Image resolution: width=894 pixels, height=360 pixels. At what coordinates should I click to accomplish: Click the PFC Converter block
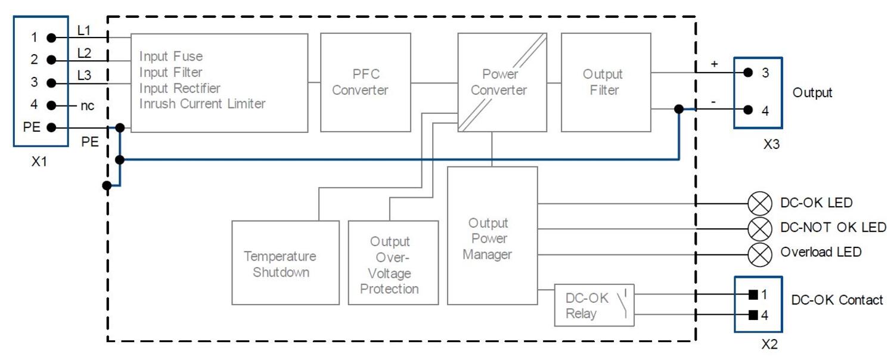(x=365, y=82)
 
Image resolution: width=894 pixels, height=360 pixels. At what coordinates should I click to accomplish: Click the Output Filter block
(x=606, y=82)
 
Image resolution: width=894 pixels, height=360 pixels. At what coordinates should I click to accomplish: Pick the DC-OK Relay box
(x=594, y=305)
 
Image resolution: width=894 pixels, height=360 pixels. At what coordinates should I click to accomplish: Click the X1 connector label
(x=39, y=162)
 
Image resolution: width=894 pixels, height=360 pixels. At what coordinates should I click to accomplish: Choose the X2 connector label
(x=769, y=344)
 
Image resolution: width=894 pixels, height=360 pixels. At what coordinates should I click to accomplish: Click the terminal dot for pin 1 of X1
(x=52, y=38)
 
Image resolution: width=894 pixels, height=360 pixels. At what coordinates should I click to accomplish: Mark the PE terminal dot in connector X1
(x=52, y=128)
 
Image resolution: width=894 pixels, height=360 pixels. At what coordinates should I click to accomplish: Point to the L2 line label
(x=85, y=53)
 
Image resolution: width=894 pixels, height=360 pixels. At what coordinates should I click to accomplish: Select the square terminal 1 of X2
(x=753, y=294)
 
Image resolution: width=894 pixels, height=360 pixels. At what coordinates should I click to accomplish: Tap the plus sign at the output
(x=715, y=63)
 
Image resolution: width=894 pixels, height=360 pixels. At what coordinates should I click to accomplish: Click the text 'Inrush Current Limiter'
(x=202, y=104)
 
